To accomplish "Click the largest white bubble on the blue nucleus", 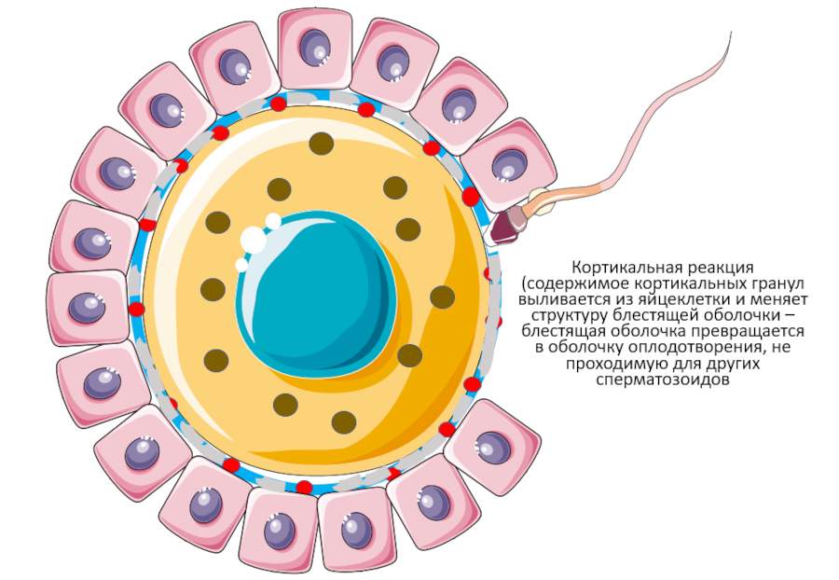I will pos(254,240).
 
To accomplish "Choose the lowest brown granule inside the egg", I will pos(344,421).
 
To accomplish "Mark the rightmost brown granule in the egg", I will pos(442,297).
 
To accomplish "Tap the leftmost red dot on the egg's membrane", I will pos(136,309).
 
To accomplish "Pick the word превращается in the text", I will pos(755,331).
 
